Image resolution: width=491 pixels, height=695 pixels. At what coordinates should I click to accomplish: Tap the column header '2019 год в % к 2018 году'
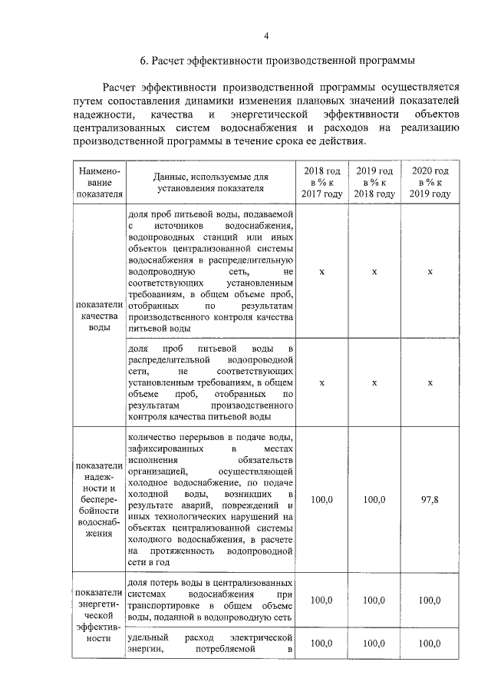tap(374, 182)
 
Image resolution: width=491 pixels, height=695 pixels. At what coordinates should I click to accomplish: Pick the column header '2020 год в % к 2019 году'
tap(430, 182)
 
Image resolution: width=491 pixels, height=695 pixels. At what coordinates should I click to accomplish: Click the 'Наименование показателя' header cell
tap(95, 182)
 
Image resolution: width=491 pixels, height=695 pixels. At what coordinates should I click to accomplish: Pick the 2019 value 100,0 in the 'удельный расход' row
tap(374, 644)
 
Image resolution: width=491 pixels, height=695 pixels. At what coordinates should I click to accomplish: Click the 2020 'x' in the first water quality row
tap(430, 272)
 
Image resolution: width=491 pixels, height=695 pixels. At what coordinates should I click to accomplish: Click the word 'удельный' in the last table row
tap(144, 637)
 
